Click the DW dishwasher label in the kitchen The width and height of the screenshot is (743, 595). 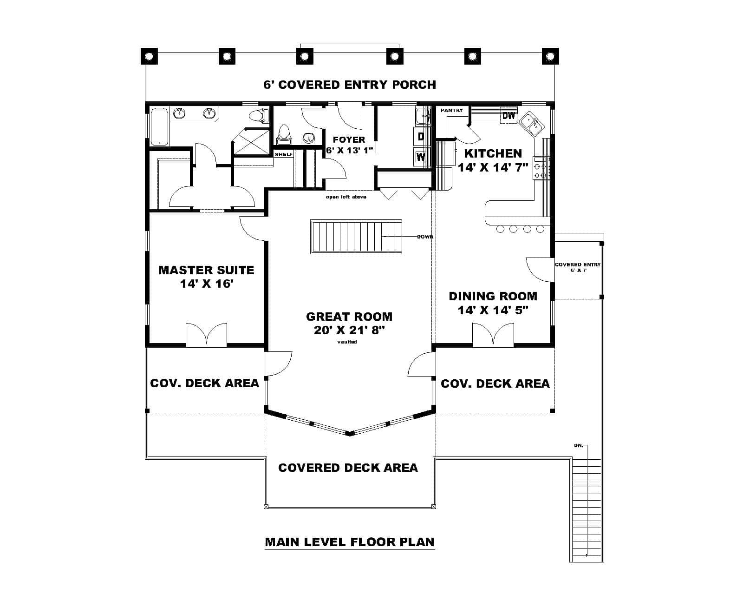(509, 116)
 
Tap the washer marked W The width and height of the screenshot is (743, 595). (420, 157)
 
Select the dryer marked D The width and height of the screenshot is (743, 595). (420, 136)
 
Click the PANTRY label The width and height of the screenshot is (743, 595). (451, 111)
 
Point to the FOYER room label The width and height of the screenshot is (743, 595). (349, 139)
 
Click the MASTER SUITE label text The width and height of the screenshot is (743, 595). (206, 270)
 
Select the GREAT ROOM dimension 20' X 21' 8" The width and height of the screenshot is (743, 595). (349, 331)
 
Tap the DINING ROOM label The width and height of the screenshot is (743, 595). (493, 296)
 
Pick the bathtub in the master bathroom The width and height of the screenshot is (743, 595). (158, 126)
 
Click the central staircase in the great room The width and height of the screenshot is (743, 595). (356, 237)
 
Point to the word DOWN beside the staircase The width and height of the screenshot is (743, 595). (425, 237)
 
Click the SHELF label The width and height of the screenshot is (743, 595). (283, 154)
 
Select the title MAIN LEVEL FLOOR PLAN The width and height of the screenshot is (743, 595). (349, 542)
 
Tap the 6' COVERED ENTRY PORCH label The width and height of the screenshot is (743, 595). (349, 85)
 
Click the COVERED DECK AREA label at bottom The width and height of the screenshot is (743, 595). (348, 468)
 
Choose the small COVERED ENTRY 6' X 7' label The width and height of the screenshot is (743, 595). (577, 267)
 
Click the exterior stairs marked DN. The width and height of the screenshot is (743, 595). (587, 507)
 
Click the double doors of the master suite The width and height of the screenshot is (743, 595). (206, 335)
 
